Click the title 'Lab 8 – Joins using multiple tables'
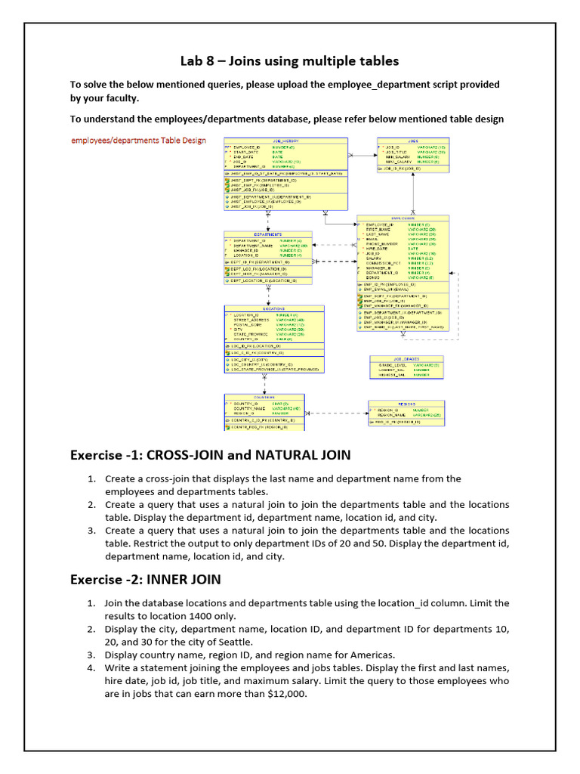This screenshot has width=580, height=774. click(289, 60)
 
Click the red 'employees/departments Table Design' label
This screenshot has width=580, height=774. click(138, 141)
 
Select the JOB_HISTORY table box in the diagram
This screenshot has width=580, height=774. click(285, 173)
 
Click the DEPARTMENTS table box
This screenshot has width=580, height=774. click(268, 258)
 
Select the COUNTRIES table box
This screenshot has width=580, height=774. click(264, 411)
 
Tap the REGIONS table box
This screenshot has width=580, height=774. click(407, 413)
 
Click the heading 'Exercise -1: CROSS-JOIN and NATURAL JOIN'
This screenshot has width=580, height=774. click(210, 455)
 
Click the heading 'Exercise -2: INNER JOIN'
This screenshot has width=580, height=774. click(145, 580)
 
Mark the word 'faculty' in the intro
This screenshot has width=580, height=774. click(121, 98)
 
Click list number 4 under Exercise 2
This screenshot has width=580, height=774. click(91, 668)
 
